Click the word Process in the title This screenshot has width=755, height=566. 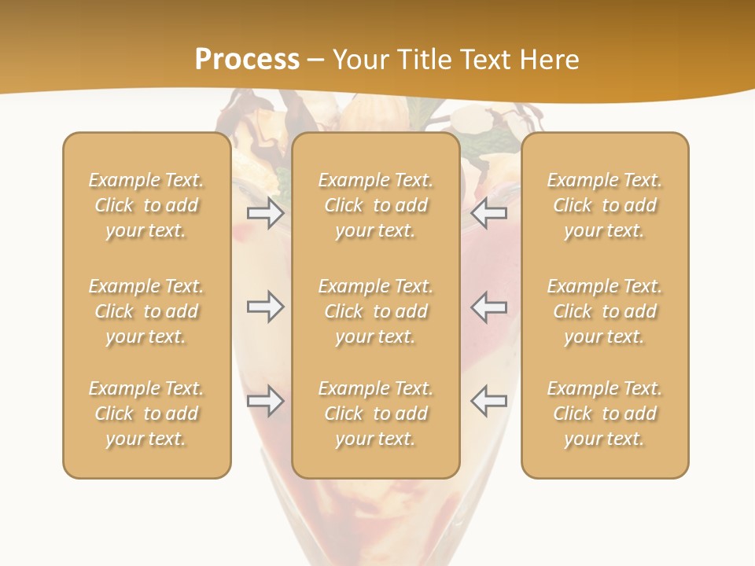point(247,60)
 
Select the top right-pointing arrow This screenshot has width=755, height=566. point(265,212)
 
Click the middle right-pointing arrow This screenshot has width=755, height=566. point(265,307)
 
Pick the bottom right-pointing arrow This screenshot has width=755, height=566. point(265,401)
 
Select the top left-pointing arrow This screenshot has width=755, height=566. point(488,212)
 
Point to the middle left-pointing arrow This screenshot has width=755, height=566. point(488,307)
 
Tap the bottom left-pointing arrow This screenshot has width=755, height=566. point(488,401)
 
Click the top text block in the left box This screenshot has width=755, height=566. point(146,205)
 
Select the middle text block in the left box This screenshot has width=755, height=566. point(146,311)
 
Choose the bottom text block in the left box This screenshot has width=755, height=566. point(146,413)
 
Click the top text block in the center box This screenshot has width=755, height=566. point(376,205)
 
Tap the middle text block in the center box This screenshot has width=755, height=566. point(376,311)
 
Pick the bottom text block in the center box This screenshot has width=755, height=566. point(376,413)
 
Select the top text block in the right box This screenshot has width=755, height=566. point(605,205)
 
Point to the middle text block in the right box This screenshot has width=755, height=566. point(605,311)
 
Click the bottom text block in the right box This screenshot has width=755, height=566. point(605,413)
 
